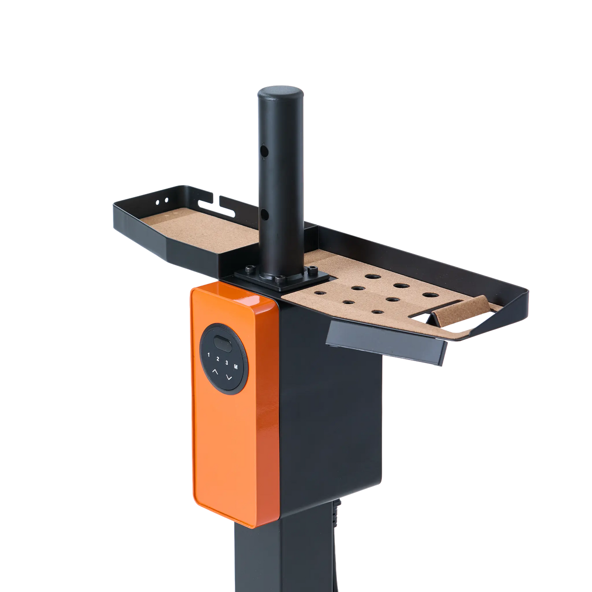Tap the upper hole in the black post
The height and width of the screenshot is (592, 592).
(264, 150)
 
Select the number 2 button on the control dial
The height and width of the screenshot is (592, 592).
(218, 359)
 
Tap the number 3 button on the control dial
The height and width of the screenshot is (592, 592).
(227, 363)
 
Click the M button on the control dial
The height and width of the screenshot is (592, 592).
(236, 367)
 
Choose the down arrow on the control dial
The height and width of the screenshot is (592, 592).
(228, 377)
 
